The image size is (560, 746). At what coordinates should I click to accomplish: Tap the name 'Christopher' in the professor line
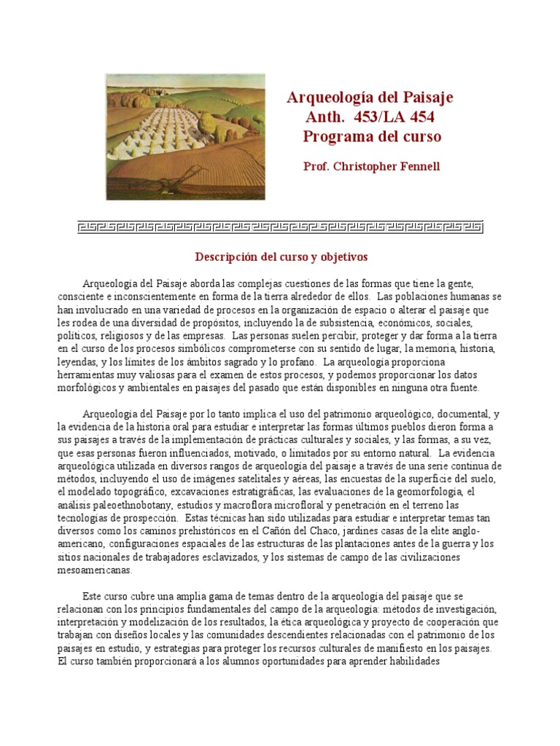tap(366, 167)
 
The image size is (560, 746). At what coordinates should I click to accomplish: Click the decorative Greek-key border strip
tap(280, 227)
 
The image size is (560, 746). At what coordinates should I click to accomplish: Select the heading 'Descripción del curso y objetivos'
tap(281, 257)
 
